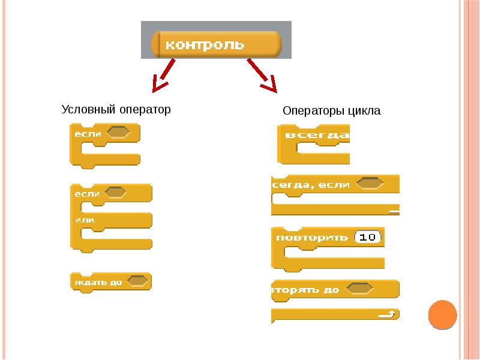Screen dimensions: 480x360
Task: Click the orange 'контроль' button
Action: (x=217, y=44)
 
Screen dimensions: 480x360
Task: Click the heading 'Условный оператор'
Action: (x=116, y=110)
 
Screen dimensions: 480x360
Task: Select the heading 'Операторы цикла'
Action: (x=331, y=112)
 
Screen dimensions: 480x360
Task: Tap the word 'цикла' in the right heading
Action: (x=366, y=112)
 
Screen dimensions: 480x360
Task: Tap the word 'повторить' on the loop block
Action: (x=311, y=237)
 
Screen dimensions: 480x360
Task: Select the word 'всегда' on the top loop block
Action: (x=317, y=135)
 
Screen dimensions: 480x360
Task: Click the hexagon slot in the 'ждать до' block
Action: (x=139, y=280)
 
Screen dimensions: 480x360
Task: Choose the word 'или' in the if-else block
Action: (x=85, y=220)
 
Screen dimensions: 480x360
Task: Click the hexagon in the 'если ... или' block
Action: (x=115, y=193)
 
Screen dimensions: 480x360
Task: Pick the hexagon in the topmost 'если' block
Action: (x=118, y=132)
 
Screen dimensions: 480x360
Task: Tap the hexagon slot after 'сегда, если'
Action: (x=370, y=184)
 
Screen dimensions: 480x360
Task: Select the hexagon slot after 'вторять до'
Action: (x=361, y=289)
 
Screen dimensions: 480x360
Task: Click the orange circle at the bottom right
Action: (x=443, y=314)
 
